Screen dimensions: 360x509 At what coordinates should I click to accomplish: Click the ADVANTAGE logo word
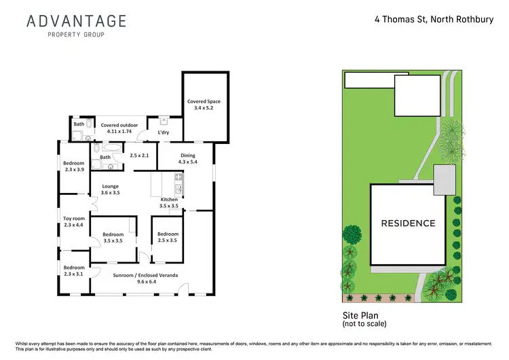coord(76,20)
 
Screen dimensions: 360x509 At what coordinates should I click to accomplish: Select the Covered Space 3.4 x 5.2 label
coord(204,105)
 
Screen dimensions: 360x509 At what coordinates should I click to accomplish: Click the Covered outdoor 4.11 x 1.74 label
coord(119,128)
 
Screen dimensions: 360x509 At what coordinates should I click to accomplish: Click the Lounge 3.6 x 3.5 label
coord(110,190)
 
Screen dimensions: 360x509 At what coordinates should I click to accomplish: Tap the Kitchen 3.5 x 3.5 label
coord(168,202)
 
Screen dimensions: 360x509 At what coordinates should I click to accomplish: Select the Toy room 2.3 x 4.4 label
coord(73,221)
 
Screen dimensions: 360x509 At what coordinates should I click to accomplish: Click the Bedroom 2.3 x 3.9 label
coord(73,166)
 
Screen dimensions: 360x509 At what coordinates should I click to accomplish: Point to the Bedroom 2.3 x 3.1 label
coord(73,271)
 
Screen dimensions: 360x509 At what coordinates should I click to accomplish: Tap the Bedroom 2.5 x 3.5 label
coord(167,237)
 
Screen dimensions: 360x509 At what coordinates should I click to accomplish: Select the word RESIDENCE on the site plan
coord(408,223)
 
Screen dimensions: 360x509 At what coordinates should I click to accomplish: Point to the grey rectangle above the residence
coord(445,179)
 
